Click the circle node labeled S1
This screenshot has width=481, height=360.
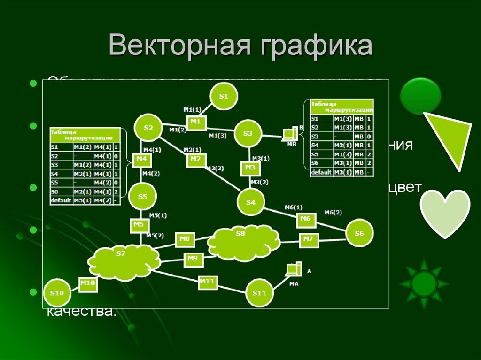point(224,97)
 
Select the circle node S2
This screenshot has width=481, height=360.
point(148,128)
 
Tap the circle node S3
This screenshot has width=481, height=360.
point(248,134)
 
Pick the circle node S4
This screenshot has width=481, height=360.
point(251,202)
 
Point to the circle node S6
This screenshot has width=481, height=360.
point(359,233)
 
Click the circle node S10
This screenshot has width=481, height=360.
point(57,293)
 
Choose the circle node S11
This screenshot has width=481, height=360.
point(259,293)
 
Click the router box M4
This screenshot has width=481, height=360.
point(142,160)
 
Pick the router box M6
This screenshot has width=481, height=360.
point(305,219)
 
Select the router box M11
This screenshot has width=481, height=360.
point(207,282)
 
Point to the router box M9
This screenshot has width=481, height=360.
point(193,258)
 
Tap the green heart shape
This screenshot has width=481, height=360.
point(444,209)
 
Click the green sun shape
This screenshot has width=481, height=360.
point(424,283)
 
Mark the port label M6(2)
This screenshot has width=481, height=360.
point(333,213)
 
